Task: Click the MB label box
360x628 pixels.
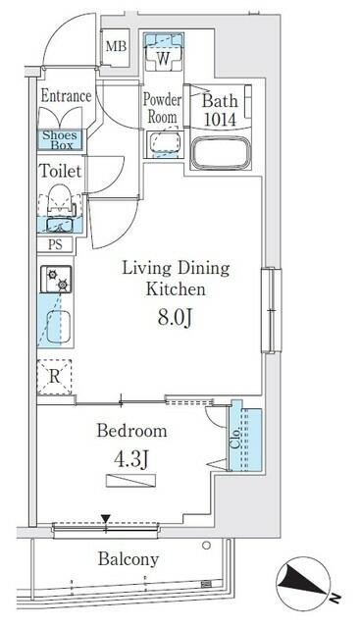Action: coord(116,45)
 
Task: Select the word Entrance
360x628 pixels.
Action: coord(66,96)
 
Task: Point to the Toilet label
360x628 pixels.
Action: coord(59,170)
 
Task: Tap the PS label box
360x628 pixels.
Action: coord(53,246)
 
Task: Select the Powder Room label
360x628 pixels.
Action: coord(163,106)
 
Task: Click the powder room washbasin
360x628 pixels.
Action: coord(162,145)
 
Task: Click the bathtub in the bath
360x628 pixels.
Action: coord(221,154)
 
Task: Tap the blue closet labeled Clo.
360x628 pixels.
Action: coord(244,438)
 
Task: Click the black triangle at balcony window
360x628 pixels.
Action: coord(105,519)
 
